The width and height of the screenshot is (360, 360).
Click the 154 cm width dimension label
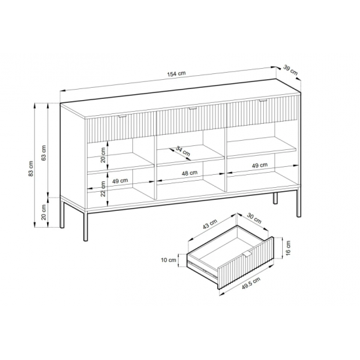click(x=176, y=74)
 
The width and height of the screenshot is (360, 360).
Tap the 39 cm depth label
click(x=291, y=70)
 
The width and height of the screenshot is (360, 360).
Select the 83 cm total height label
click(x=31, y=169)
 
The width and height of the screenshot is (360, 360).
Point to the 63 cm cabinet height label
click(x=44, y=153)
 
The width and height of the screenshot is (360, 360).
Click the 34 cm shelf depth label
click(x=183, y=151)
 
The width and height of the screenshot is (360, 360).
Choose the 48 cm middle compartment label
click(x=189, y=173)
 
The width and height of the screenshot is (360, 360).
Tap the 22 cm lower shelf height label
click(x=103, y=189)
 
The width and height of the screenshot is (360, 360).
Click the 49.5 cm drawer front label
click(x=251, y=284)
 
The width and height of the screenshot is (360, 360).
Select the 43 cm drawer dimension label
click(x=209, y=224)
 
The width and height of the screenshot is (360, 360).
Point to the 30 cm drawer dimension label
click(x=254, y=218)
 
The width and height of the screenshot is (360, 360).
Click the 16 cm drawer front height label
click(x=289, y=247)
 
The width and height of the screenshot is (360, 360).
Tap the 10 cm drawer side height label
click(x=168, y=260)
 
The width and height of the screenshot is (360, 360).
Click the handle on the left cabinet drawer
click(x=122, y=117)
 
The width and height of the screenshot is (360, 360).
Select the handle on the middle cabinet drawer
click(x=192, y=108)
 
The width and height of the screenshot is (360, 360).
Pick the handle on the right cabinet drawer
click(x=263, y=100)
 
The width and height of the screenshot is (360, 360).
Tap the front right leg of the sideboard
click(x=298, y=202)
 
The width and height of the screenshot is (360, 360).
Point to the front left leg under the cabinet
click(x=85, y=226)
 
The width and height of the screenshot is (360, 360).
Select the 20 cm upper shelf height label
click(x=103, y=155)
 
